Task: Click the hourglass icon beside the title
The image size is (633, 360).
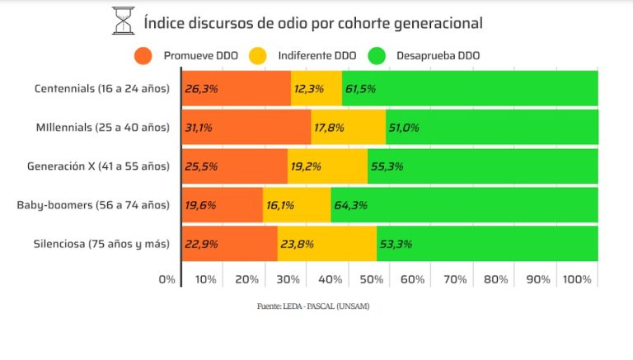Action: pos(123,21)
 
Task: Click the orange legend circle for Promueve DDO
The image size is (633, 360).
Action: pos(143,56)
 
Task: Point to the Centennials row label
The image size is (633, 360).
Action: pos(103,88)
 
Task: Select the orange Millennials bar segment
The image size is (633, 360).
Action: pos(246,128)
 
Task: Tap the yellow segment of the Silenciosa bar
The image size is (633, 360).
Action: pos(327,244)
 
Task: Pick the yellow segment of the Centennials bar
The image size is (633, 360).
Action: pos(316,89)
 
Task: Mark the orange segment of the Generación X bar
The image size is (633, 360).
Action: pos(235,166)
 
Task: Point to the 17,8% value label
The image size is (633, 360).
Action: pos(329,128)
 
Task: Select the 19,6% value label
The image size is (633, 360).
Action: pos(200,205)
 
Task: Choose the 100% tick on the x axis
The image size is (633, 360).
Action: pos(576,279)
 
